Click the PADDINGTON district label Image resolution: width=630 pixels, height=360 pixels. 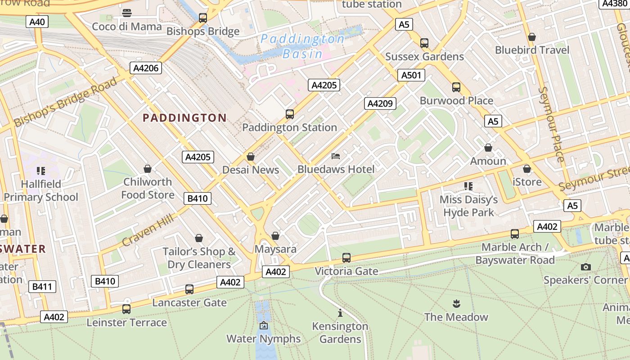(184, 118)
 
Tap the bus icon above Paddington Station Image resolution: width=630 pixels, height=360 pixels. (290, 114)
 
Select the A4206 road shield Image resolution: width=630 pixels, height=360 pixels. (146, 68)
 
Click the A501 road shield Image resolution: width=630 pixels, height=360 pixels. (411, 75)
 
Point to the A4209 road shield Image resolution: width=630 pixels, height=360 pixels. (380, 103)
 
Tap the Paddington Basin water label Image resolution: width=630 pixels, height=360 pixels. (302, 46)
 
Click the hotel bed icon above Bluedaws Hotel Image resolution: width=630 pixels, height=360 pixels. (336, 156)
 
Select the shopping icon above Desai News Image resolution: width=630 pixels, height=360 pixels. (251, 157)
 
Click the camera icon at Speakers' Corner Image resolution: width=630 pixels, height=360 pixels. (585, 267)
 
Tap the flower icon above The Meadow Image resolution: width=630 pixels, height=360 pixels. (456, 303)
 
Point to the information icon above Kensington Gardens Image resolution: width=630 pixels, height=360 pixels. (340, 313)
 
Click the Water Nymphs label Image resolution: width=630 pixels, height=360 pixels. (263, 338)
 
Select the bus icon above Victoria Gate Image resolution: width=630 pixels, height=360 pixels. (346, 258)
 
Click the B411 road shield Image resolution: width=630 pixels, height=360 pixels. (42, 286)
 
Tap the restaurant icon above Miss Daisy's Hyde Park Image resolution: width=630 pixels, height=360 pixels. (468, 186)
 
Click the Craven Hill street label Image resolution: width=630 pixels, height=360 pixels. (148, 231)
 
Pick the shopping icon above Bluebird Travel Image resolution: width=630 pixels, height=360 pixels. (532, 37)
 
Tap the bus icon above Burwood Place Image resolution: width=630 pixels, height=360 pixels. (456, 87)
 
